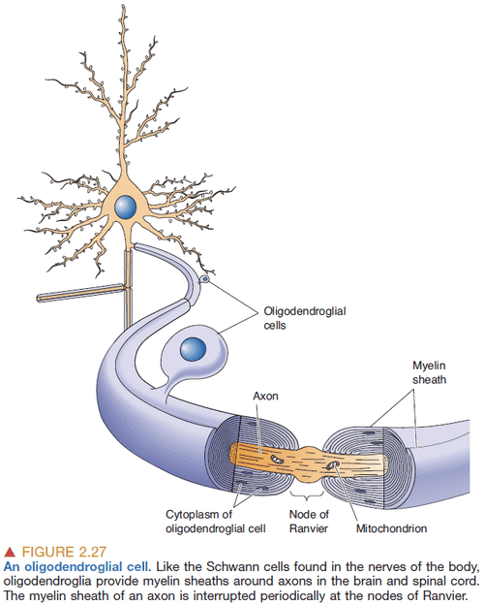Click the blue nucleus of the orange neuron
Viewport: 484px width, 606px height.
pos(126,207)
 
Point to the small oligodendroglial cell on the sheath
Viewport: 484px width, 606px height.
pos(204,280)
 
